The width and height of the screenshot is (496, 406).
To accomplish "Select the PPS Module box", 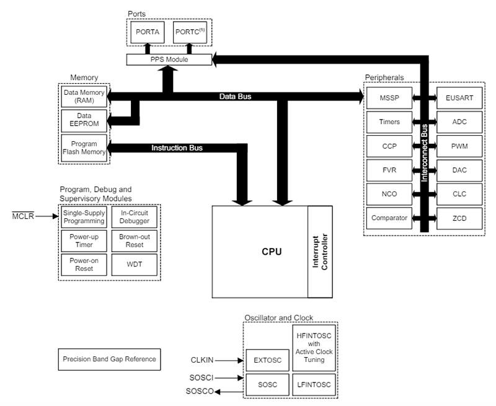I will coord(169,60).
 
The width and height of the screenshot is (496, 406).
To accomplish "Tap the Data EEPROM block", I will coord(84,120).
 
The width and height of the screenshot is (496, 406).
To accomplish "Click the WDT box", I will coord(135,265).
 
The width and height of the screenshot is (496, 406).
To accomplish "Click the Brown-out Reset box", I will coord(135,241).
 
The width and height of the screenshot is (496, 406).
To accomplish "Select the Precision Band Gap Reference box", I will coord(108,359).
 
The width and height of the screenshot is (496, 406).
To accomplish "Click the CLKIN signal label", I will coord(202,360).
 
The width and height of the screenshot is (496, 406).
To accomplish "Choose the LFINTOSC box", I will coord(313,384).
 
